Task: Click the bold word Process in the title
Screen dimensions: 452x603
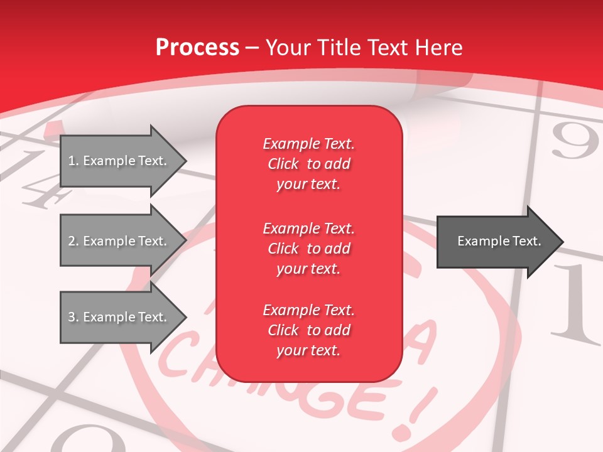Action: (197, 48)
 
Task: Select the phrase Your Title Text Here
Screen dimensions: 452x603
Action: (364, 48)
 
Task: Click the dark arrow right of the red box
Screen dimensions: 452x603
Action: (499, 242)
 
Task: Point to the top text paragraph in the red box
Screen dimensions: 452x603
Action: (308, 164)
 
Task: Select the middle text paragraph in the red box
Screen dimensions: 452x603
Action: (308, 249)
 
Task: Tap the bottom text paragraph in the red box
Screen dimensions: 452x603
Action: (308, 330)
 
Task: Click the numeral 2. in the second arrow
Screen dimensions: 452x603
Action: (73, 241)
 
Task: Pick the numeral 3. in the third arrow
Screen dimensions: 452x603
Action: (73, 317)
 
